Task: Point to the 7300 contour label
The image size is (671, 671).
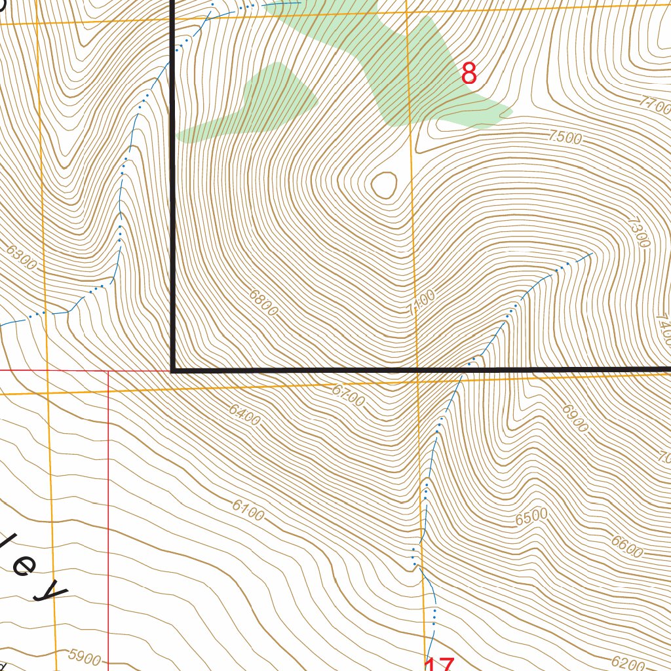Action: [638, 232]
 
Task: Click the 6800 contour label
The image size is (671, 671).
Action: [263, 302]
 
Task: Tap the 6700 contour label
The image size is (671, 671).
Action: [348, 395]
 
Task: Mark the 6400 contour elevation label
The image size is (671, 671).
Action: [244, 415]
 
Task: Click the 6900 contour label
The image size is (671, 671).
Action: [575, 417]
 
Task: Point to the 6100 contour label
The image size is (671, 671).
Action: [248, 510]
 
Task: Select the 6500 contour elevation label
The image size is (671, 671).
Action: [531, 517]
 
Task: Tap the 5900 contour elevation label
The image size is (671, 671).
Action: [85, 658]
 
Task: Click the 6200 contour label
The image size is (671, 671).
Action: [628, 663]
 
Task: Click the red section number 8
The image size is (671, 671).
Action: [469, 74]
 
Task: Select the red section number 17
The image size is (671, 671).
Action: [438, 665]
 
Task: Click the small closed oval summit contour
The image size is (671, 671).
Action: [384, 185]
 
